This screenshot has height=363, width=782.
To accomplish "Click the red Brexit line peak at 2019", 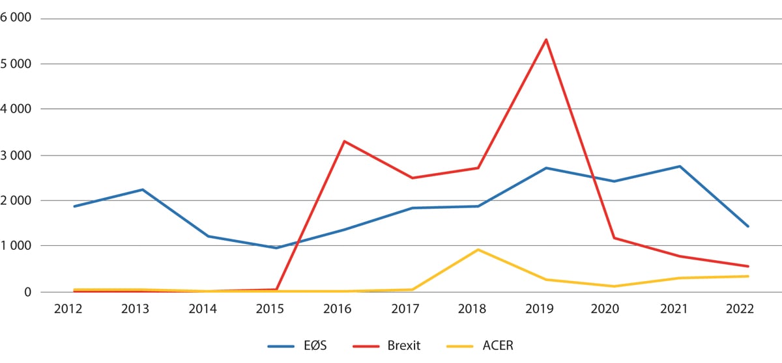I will pos(546,40).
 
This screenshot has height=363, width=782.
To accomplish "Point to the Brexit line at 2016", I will pos(344,141).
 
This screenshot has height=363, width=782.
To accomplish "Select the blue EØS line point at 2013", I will pos(142,189).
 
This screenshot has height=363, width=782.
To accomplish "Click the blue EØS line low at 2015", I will pos(276,248).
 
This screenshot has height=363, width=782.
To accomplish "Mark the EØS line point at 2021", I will pos(680,167).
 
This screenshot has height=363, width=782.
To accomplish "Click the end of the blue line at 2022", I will pos(747,226).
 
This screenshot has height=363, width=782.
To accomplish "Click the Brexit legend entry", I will pos(384,345).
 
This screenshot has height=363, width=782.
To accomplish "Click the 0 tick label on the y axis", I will pos(29,293).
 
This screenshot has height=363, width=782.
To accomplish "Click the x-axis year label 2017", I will pos(411,310).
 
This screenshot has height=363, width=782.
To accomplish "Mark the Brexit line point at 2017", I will pos(411,178).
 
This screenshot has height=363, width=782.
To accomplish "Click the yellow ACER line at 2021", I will pos(680,278).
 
